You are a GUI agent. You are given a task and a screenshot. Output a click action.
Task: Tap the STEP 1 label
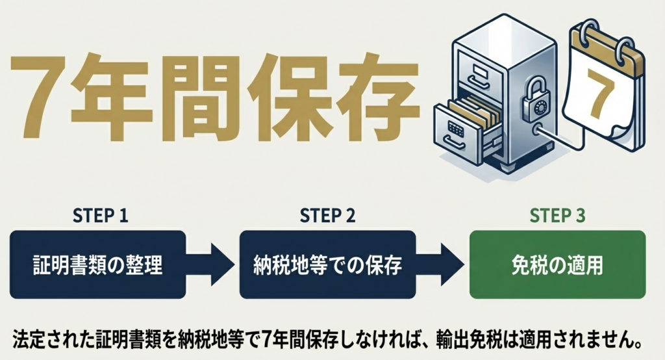click(98, 216)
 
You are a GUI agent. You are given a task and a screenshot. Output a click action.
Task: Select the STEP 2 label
click(327, 216)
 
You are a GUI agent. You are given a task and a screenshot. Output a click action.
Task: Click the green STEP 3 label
click(557, 216)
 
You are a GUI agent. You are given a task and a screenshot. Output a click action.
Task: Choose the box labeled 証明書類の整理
click(98, 264)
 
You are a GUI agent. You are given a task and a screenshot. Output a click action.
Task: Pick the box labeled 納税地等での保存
click(327, 264)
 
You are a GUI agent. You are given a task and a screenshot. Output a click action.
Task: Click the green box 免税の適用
click(557, 264)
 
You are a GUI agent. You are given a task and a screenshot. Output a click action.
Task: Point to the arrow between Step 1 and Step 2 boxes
click(212, 264)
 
